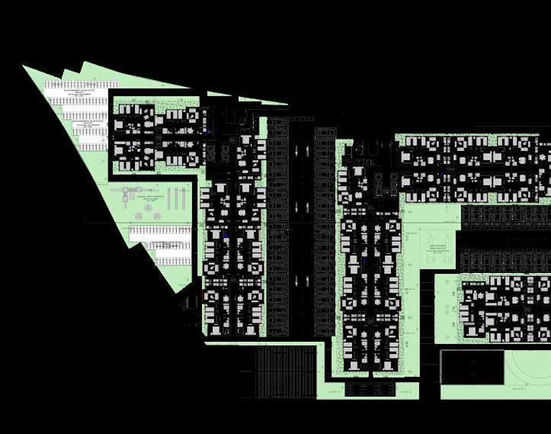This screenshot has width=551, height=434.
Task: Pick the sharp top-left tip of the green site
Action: pyautogui.click(x=25, y=67)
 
